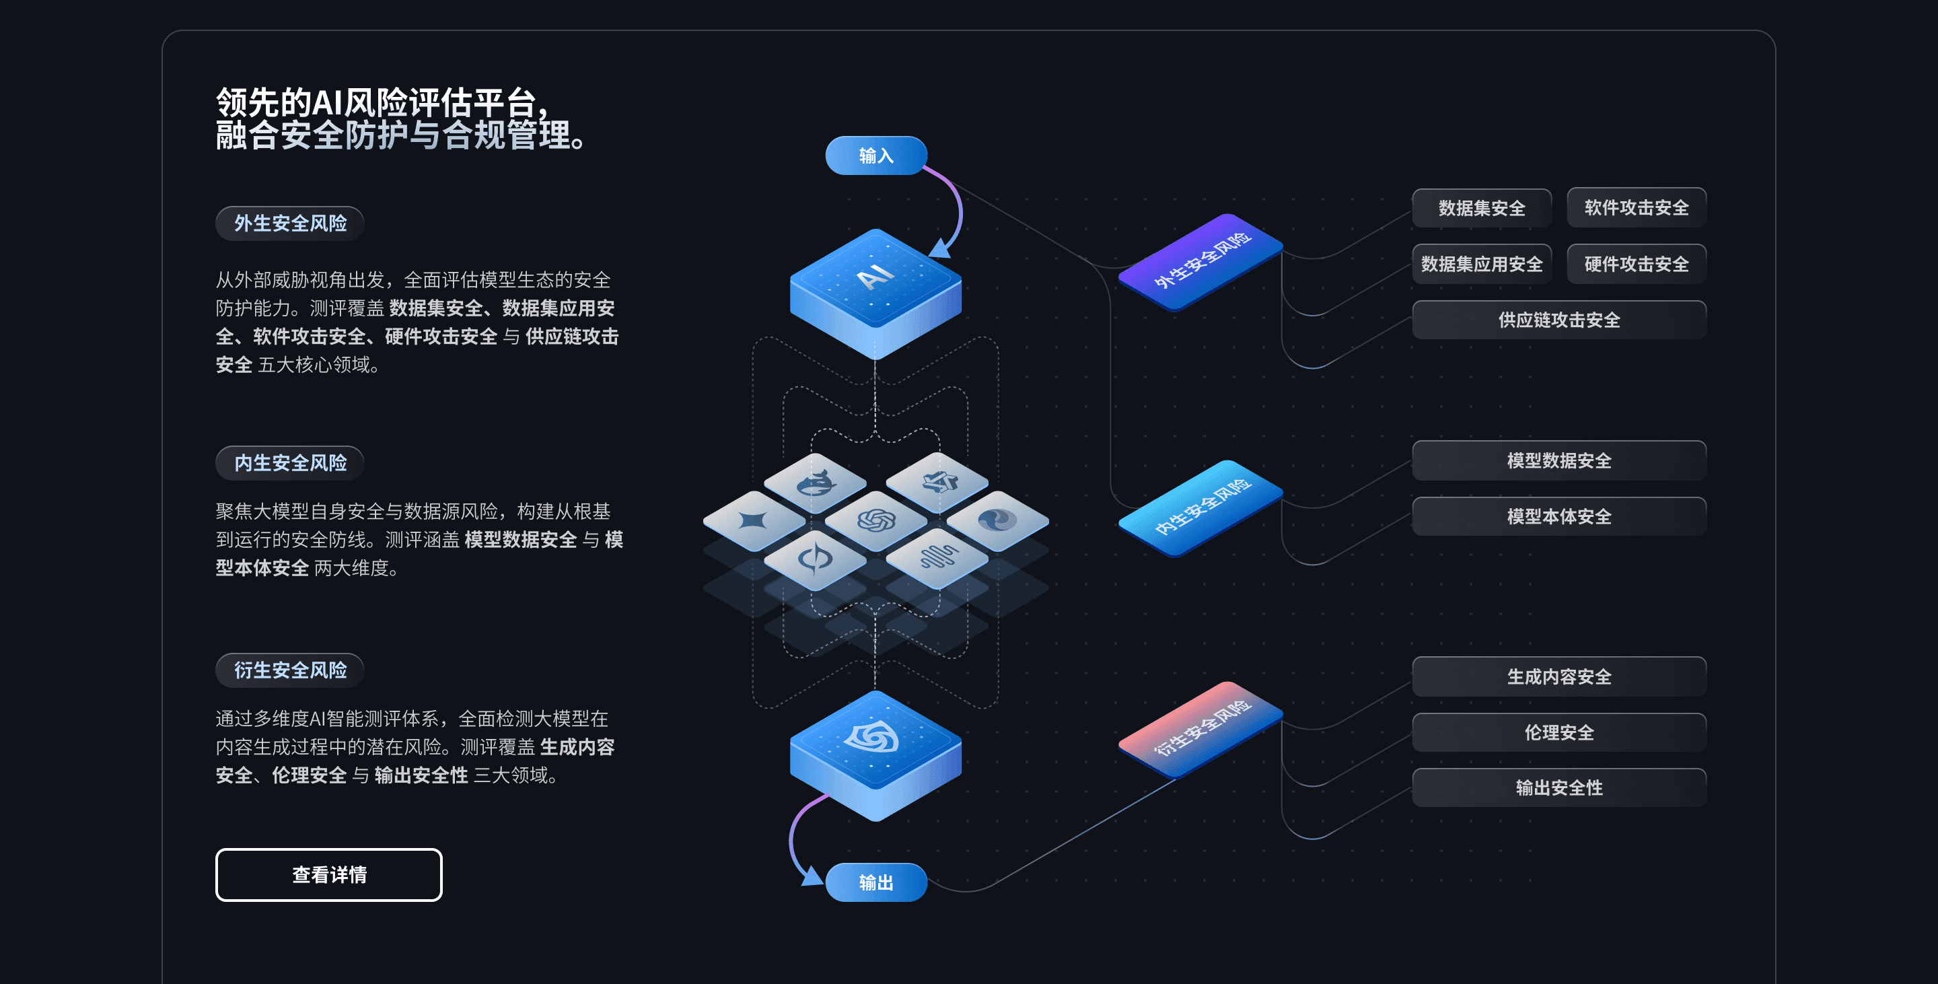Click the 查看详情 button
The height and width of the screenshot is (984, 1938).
[x=329, y=874]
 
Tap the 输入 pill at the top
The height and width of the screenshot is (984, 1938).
[x=875, y=155]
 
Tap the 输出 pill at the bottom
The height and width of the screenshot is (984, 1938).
[x=875, y=882]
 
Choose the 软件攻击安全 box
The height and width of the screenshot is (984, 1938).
[x=1637, y=207]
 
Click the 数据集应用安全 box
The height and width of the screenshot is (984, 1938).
[x=1481, y=264]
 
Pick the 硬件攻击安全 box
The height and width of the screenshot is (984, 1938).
[x=1637, y=264]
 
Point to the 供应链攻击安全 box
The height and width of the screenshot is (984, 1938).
[x=1559, y=320]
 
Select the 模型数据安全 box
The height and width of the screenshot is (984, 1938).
[x=1559, y=460]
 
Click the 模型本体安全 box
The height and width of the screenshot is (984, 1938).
[x=1559, y=516]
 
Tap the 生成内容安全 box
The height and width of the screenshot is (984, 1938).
[x=1559, y=676]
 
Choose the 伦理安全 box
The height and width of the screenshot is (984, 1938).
[x=1559, y=732]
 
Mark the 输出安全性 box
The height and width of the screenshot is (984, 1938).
[x=1559, y=787]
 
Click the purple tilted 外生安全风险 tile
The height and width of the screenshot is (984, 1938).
[x=1200, y=261]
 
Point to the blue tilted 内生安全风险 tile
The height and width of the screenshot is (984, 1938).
[x=1200, y=507]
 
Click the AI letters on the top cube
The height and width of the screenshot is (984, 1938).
[x=875, y=276]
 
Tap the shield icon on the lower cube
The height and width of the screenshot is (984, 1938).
[x=873, y=737]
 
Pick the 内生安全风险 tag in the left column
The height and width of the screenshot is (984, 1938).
[x=291, y=462]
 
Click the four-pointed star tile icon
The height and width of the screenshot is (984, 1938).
[x=753, y=520]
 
